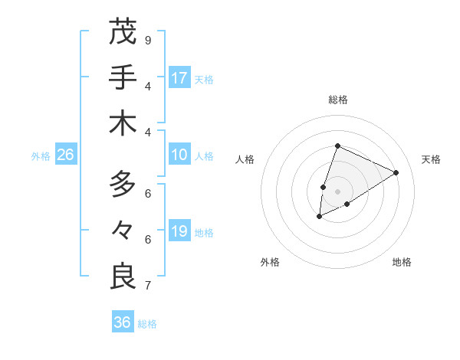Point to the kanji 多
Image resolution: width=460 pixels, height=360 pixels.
122,184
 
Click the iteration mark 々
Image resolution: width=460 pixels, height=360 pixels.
122,230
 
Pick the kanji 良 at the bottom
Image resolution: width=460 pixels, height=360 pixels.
122,276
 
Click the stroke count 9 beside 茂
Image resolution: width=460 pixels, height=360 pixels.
147,40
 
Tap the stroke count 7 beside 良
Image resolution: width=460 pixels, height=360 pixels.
147,286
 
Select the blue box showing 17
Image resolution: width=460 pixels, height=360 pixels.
179,78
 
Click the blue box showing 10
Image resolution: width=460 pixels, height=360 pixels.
179,155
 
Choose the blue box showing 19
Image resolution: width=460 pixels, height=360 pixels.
179,231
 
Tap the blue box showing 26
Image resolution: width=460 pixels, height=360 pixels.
65,155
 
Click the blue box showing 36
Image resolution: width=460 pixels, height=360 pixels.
122,322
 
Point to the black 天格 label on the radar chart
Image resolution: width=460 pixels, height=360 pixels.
431,159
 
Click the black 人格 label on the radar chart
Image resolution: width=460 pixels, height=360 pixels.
245,159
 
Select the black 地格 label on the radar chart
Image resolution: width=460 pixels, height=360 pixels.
402,262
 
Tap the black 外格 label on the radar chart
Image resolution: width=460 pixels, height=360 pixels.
270,262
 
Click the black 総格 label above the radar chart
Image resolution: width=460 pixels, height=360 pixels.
337,100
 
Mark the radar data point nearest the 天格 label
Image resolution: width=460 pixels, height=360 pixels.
396,172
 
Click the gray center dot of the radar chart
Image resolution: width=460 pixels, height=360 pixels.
337,180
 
